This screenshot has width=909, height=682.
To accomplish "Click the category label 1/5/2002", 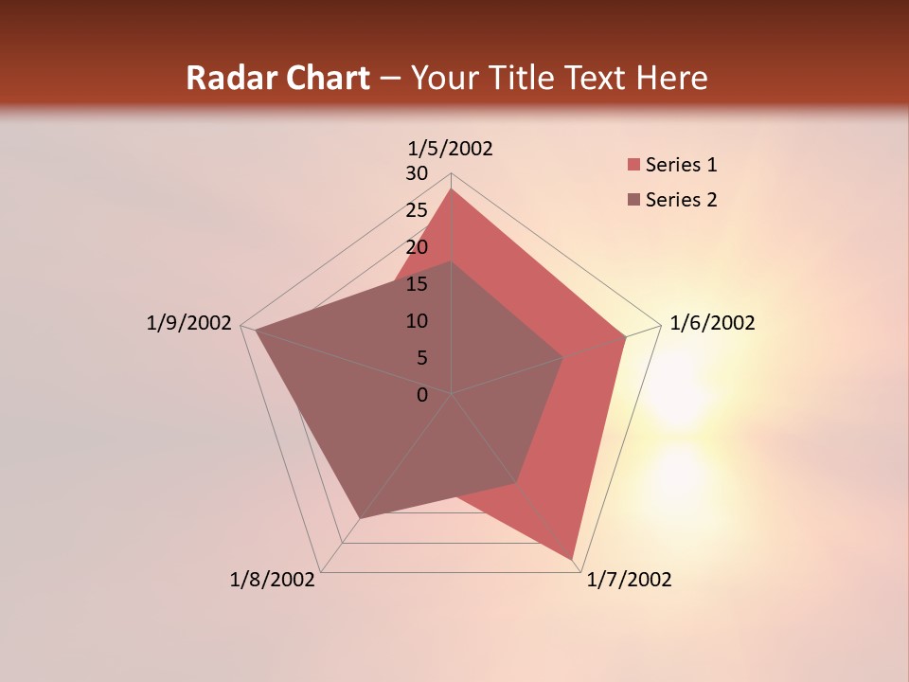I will tap(451, 149).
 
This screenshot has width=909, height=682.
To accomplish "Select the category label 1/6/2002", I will tap(712, 323).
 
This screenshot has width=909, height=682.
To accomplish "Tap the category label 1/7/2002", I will tap(629, 580).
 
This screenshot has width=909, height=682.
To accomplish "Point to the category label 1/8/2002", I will tap(273, 580).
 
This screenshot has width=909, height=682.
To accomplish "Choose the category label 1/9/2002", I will tap(189, 323).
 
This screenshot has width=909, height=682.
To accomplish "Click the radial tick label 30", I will tap(417, 173).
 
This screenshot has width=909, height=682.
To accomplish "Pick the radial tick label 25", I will tap(417, 210).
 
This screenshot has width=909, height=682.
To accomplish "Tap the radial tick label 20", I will tap(417, 247).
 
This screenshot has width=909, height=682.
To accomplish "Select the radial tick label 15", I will tap(417, 284).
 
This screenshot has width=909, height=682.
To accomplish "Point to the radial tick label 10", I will tap(417, 321).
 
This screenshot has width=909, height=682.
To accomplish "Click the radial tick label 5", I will tap(421, 358).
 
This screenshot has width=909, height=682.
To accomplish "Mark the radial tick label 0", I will tap(422, 395).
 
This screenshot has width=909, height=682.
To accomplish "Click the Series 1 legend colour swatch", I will tap(633, 166).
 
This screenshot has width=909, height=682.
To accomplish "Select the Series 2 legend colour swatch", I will tap(633, 200).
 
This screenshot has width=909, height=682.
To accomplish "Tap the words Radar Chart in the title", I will tap(277, 79).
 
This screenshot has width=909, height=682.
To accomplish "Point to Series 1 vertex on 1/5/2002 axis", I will tap(452, 188).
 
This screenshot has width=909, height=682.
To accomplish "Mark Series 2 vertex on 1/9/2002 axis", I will tap(256, 331).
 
